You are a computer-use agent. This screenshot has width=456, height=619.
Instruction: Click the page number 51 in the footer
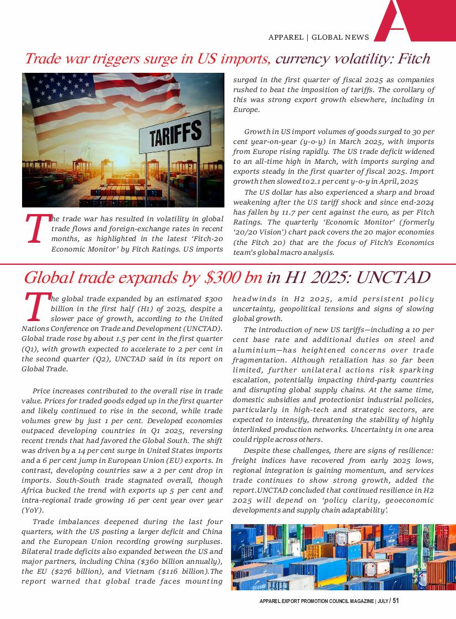tap(395, 601)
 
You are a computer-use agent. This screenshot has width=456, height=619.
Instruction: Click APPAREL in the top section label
tap(286, 38)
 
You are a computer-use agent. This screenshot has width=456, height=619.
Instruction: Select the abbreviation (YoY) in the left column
tap(33, 510)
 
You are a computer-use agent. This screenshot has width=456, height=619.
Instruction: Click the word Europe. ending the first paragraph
tap(246, 110)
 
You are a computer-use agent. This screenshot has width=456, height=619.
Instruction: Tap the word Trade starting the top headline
tap(45, 58)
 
